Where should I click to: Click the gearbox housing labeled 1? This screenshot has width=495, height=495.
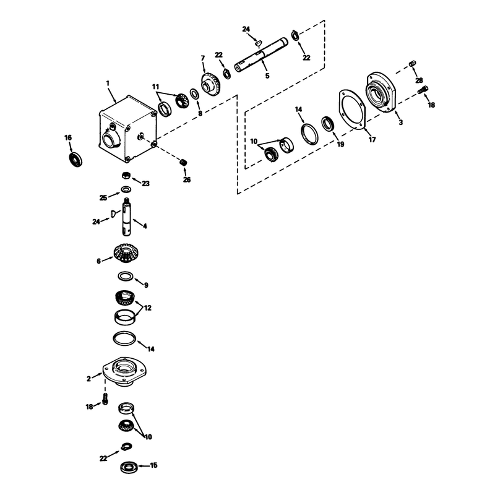pyautogui.click(x=127, y=129)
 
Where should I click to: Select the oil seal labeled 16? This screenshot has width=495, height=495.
pyautogui.click(x=75, y=160)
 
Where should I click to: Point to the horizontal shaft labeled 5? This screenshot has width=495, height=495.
pyautogui.click(x=261, y=54)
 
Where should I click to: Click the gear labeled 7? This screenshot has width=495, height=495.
pyautogui.click(x=210, y=84)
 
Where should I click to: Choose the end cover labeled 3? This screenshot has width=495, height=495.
pyautogui.click(x=381, y=92)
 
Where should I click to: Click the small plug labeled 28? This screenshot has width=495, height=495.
pyautogui.click(x=412, y=64)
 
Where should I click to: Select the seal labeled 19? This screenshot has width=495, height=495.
pyautogui.click(x=329, y=124)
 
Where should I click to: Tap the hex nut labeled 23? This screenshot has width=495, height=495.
pyautogui.click(x=126, y=175)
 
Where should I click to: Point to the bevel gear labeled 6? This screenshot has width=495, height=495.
pyautogui.click(x=126, y=252)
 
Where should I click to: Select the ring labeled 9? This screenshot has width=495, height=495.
pyautogui.click(x=126, y=276)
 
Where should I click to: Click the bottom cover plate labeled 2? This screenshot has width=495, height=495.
pyautogui.click(x=124, y=371)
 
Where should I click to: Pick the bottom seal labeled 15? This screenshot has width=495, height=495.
pyautogui.click(x=129, y=467)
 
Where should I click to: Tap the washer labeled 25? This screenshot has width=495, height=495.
pyautogui.click(x=126, y=189)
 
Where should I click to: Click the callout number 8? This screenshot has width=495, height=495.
pyautogui.click(x=200, y=113)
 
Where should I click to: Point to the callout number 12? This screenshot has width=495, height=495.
pyautogui.click(x=147, y=308)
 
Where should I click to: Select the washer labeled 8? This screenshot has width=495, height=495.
pyautogui.click(x=194, y=94)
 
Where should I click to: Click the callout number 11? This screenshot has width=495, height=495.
pyautogui.click(x=155, y=87)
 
